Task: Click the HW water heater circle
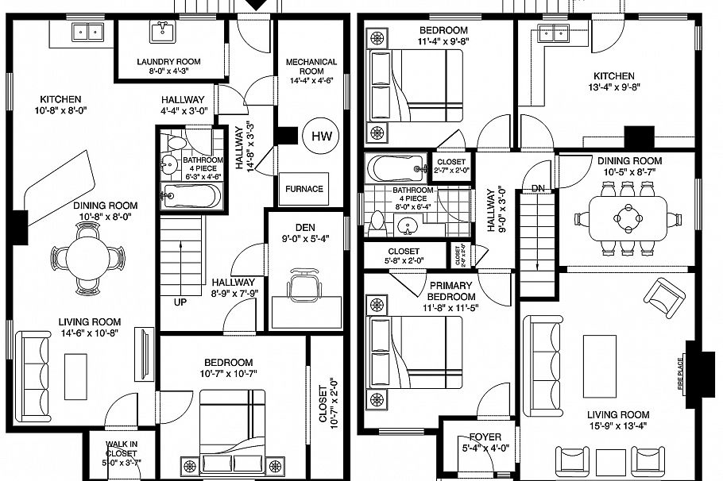click(321, 137)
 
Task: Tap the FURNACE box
click(305, 189)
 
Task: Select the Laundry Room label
click(168, 62)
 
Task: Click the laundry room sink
click(162, 31)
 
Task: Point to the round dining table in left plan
click(89, 256)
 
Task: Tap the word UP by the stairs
click(180, 302)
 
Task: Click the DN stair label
click(538, 188)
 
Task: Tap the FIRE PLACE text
click(681, 363)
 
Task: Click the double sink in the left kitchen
click(88, 33)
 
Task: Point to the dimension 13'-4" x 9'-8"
click(614, 87)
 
